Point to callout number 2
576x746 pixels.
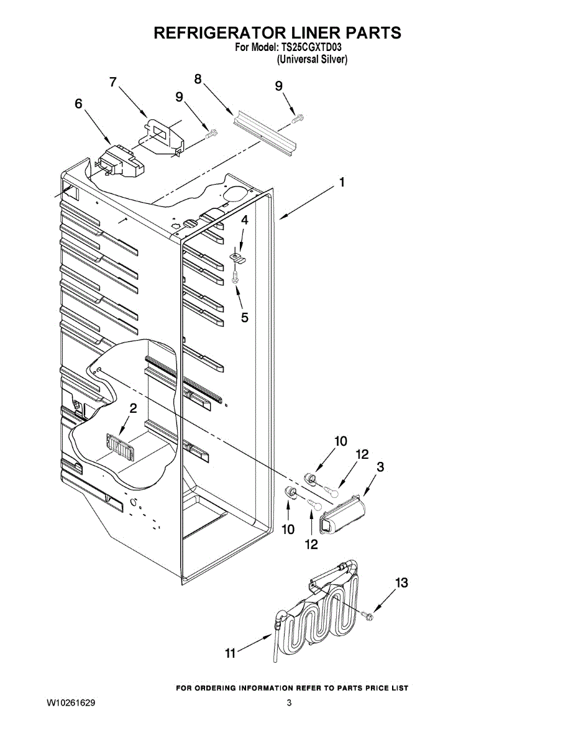click(133, 408)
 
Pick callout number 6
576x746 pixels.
click(78, 103)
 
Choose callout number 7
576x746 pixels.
click(113, 82)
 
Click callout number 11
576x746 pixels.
click(231, 653)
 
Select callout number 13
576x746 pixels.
click(402, 583)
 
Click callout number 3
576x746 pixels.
click(380, 467)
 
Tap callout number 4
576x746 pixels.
click(244, 221)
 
